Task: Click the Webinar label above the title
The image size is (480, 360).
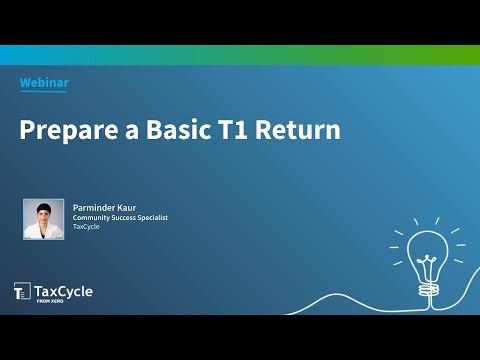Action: coord(44,83)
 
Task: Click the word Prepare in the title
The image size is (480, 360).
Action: coord(65,130)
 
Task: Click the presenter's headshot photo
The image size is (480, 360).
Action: coord(43,219)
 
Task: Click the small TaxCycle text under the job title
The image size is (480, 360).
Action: coord(85,227)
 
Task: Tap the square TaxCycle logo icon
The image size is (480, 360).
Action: coord(22,292)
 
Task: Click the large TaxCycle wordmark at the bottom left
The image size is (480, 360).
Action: coord(64,290)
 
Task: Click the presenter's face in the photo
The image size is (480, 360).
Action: coord(43,213)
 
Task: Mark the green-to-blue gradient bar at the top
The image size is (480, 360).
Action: coord(240,55)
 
